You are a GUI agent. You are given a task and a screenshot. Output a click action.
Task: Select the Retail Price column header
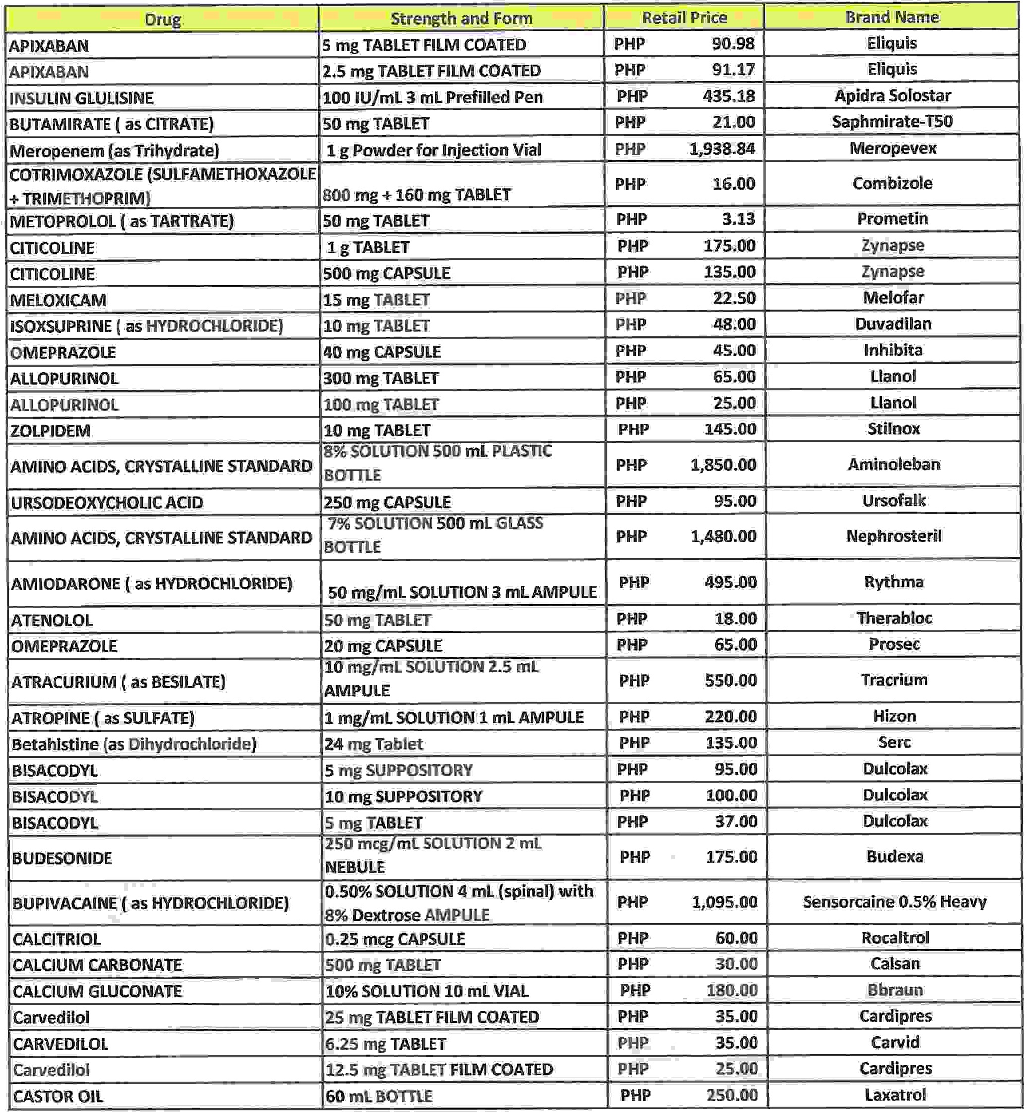(684, 18)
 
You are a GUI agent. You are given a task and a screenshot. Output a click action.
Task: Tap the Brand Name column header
(891, 17)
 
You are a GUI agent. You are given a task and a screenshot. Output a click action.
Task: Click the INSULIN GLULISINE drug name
(81, 98)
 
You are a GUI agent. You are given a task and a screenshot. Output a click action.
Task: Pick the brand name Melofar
(893, 298)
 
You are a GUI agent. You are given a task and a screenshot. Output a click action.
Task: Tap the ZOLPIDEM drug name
(50, 431)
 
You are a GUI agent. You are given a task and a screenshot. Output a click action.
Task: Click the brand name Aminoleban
(894, 465)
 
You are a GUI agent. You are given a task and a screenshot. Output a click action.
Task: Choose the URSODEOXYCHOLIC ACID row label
(107, 503)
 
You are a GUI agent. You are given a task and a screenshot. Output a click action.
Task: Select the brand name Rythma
(894, 582)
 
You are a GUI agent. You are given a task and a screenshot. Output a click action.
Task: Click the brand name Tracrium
(894, 680)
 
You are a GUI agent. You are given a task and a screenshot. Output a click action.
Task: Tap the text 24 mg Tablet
(374, 744)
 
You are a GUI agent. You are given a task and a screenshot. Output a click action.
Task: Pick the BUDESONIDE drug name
(62, 858)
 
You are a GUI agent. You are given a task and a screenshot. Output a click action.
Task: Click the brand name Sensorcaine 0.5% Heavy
(894, 902)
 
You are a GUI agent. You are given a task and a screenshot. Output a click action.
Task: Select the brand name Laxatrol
(895, 1095)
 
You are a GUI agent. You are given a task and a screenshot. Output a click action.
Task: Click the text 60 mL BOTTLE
(378, 1097)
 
